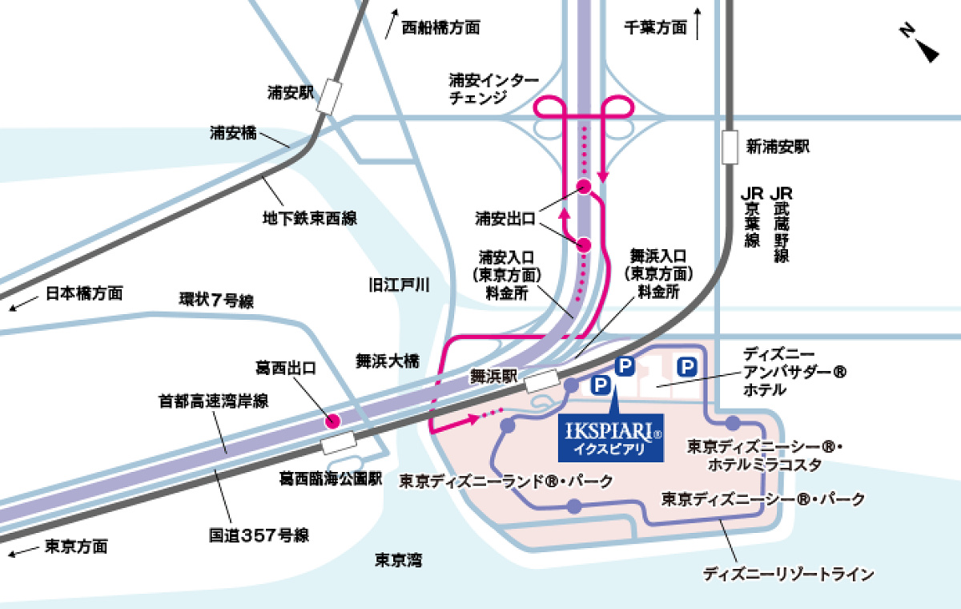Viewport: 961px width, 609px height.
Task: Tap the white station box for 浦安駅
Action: (329, 96)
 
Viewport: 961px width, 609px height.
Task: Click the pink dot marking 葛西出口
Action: (332, 420)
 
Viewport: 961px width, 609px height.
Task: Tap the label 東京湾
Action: (398, 560)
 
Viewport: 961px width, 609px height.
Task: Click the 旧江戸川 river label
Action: (399, 284)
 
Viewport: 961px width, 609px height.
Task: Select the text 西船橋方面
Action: (440, 27)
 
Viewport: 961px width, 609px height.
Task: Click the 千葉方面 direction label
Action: (655, 27)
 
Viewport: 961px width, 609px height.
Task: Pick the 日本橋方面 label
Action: (84, 293)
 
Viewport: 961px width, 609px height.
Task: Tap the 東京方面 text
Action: (76, 547)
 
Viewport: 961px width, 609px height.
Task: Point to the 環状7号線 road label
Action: (215, 302)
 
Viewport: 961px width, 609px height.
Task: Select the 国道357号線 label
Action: (259, 534)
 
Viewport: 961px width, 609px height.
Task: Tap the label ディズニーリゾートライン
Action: (787, 574)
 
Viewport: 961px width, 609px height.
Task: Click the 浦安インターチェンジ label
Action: (493, 89)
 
